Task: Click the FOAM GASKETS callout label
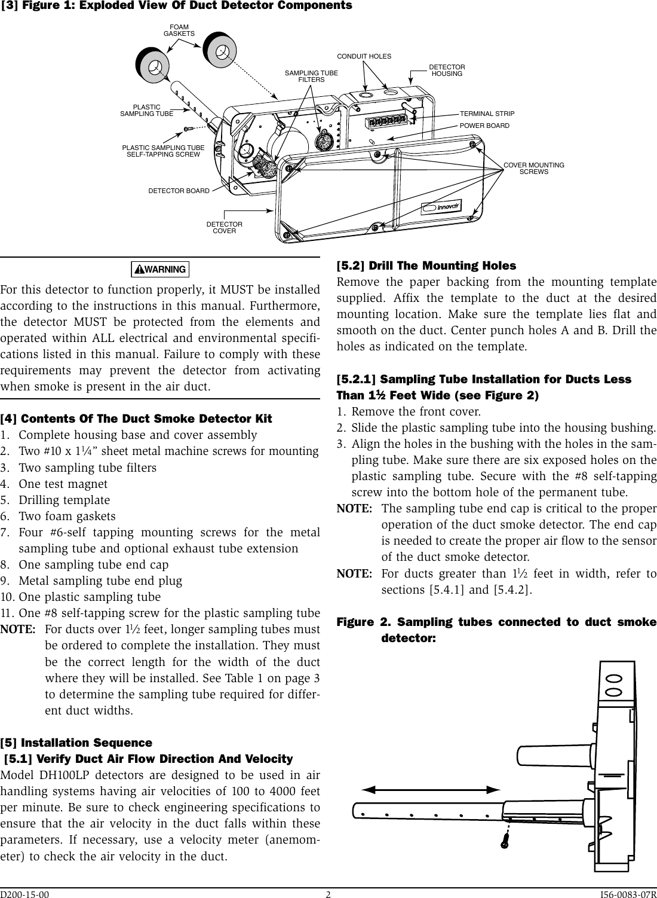click(x=179, y=30)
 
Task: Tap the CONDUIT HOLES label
click(x=364, y=56)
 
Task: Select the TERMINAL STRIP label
click(x=487, y=114)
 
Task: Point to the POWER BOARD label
click(x=484, y=126)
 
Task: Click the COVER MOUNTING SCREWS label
click(x=533, y=168)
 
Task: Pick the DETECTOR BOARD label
click(x=179, y=191)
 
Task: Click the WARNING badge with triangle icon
click(x=160, y=270)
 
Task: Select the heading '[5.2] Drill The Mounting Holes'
click(x=426, y=265)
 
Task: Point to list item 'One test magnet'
click(x=63, y=484)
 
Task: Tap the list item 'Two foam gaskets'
click(x=67, y=516)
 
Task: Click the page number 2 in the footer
click(x=328, y=894)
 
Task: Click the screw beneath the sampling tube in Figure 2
click(x=505, y=841)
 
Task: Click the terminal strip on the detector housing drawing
click(x=388, y=121)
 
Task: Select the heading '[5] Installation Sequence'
click(x=76, y=743)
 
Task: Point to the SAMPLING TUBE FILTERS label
click(x=311, y=76)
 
